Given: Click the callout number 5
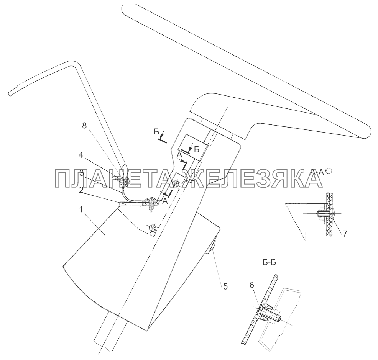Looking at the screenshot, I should [225, 286].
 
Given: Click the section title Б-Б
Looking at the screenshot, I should [271, 262].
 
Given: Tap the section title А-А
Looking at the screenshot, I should [317, 173].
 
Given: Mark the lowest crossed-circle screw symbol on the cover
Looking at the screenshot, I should [153, 229].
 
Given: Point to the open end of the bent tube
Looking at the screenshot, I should [10, 93].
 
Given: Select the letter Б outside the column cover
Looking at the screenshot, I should [156, 133].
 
